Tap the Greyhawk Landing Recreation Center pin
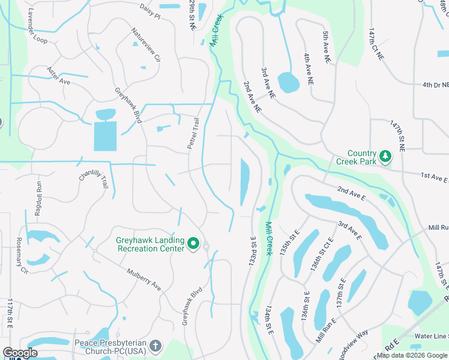tap(193, 243)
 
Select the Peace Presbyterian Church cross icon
tap(155, 346)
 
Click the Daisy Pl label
tap(149, 14)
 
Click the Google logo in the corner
tap(20, 353)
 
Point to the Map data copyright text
tap(412, 355)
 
